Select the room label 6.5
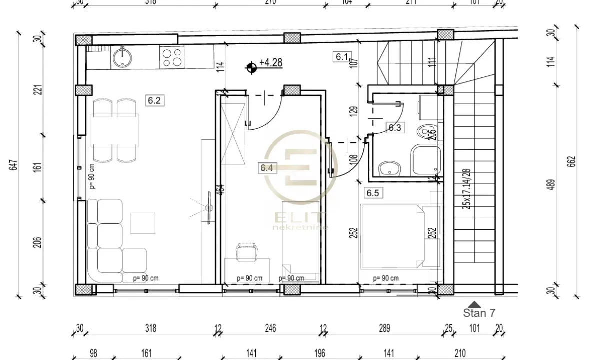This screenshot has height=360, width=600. [x=372, y=193]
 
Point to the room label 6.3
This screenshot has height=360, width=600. [x=395, y=127]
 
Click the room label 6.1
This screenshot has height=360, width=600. [x=341, y=57]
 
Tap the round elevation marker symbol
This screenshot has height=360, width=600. [x=251, y=66]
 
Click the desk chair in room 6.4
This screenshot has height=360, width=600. [x=246, y=251]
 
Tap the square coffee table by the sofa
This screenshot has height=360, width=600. [x=142, y=223]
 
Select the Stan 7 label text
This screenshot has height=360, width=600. [x=479, y=313]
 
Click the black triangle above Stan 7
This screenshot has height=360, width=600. [x=474, y=303]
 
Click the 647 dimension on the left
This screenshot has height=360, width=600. [x=13, y=164]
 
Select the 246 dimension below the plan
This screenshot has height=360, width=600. [x=270, y=328]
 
